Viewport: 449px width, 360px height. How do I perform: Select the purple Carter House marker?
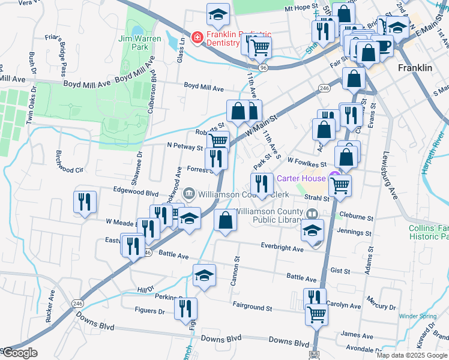333,179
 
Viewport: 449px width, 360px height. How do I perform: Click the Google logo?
19,352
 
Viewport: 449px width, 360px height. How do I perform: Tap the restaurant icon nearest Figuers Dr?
185,308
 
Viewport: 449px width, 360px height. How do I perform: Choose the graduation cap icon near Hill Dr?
204,275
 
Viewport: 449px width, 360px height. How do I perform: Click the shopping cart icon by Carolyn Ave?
316,313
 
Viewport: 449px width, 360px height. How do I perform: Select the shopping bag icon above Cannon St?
225,220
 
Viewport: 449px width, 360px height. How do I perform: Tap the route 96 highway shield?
264,68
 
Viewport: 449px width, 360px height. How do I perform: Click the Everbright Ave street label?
282,245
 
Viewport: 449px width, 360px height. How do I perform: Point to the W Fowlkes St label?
306,161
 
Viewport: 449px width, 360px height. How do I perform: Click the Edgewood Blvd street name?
136,193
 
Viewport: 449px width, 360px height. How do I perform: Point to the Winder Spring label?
417,316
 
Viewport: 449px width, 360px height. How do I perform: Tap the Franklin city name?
415,68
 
